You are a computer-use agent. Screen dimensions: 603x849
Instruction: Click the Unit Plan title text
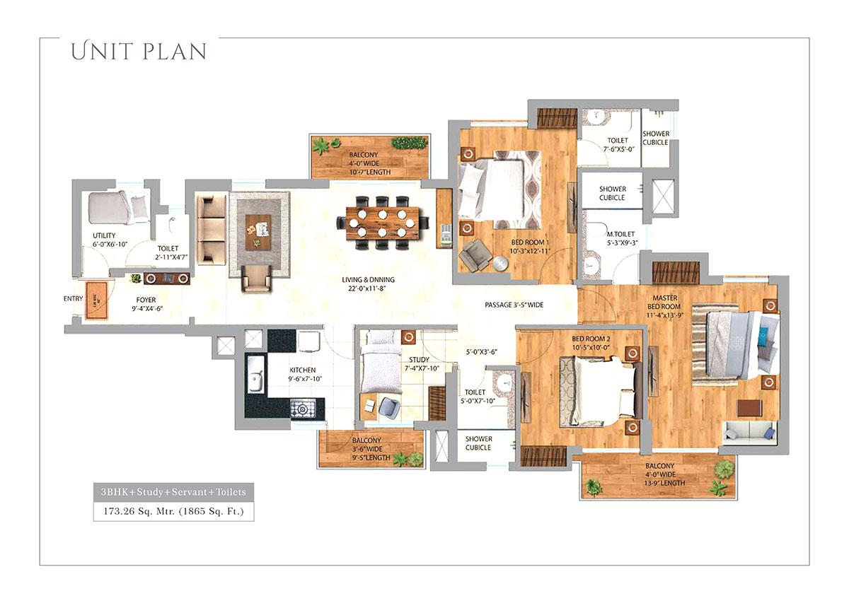(x=139, y=52)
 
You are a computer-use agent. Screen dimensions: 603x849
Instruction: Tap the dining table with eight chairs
(x=381, y=223)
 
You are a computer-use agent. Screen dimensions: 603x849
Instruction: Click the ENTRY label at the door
(x=73, y=298)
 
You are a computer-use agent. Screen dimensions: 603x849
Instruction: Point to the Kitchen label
(x=302, y=374)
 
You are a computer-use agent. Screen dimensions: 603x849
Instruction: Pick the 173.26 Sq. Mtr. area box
(x=173, y=510)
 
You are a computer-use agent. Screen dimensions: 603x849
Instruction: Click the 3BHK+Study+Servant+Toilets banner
(x=173, y=491)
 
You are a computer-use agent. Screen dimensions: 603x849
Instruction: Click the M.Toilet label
(x=620, y=238)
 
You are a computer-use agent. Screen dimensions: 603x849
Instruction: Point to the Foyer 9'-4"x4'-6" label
(x=146, y=304)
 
